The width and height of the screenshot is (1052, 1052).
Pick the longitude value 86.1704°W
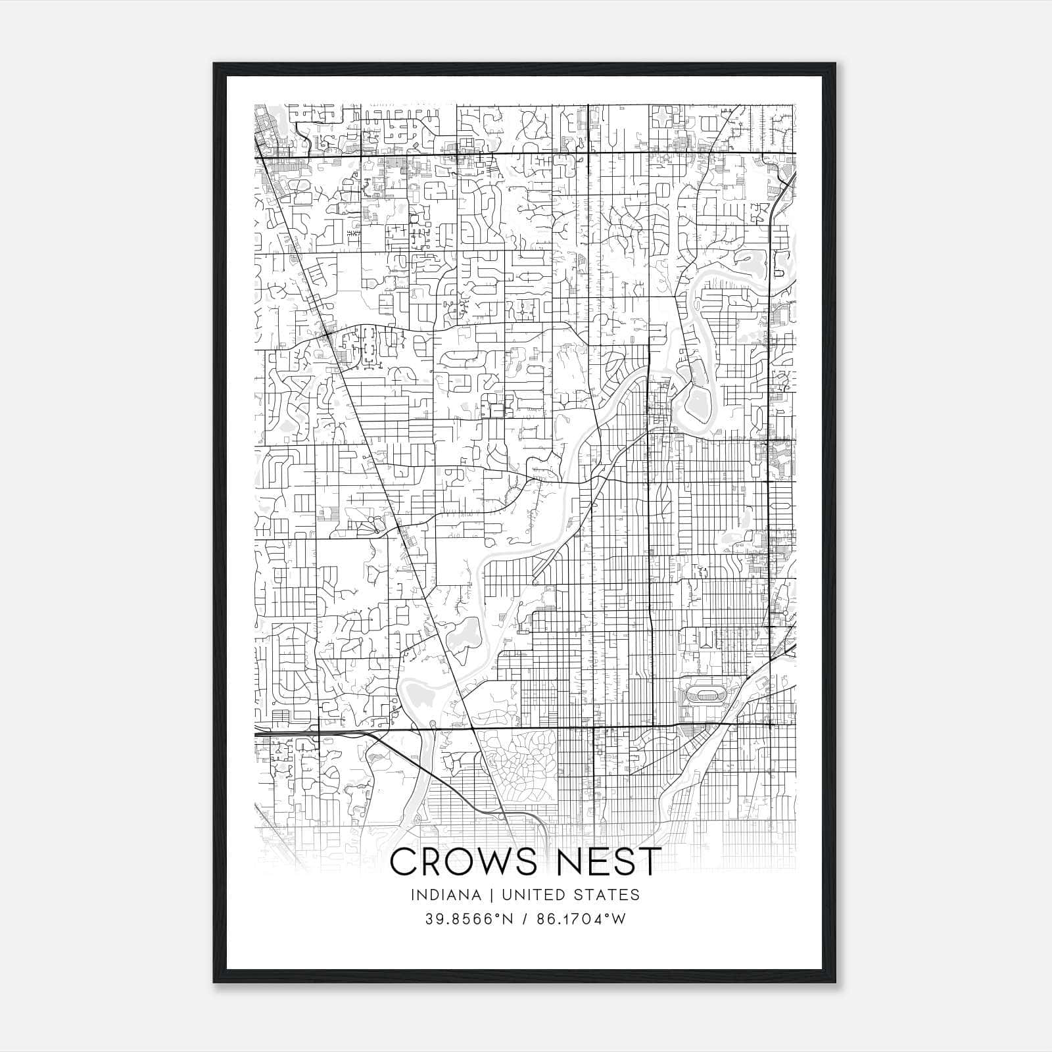(581, 919)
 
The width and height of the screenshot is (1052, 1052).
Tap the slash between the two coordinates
(525, 919)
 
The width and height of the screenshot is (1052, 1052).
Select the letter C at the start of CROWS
(403, 862)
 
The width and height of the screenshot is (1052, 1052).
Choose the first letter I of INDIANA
(413, 895)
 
